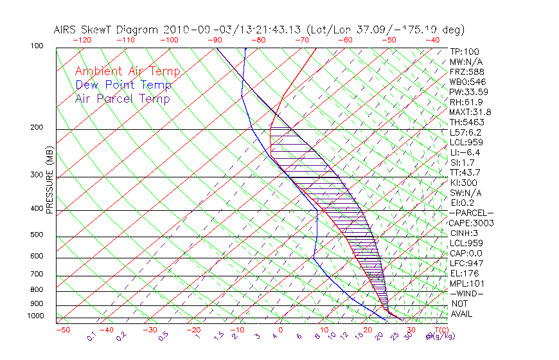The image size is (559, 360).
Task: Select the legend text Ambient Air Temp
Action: coord(127,71)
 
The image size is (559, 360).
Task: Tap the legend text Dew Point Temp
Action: coord(123,85)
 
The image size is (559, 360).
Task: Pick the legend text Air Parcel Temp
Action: coord(123,98)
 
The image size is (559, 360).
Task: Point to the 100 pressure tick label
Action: coord(37,46)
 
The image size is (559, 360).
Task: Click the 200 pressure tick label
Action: coord(37,128)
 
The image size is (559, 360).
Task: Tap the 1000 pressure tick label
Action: coord(35,316)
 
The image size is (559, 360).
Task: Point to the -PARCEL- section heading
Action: coord(472,213)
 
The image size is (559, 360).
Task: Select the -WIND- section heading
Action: coord(467,293)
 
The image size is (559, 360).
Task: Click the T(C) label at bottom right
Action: coord(439,330)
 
